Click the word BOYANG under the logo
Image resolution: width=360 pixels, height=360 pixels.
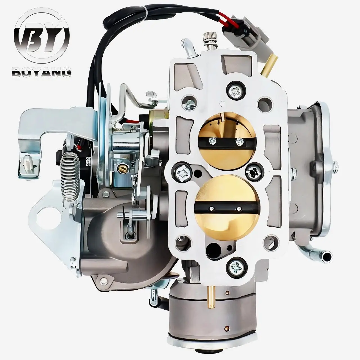(x=41, y=73)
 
